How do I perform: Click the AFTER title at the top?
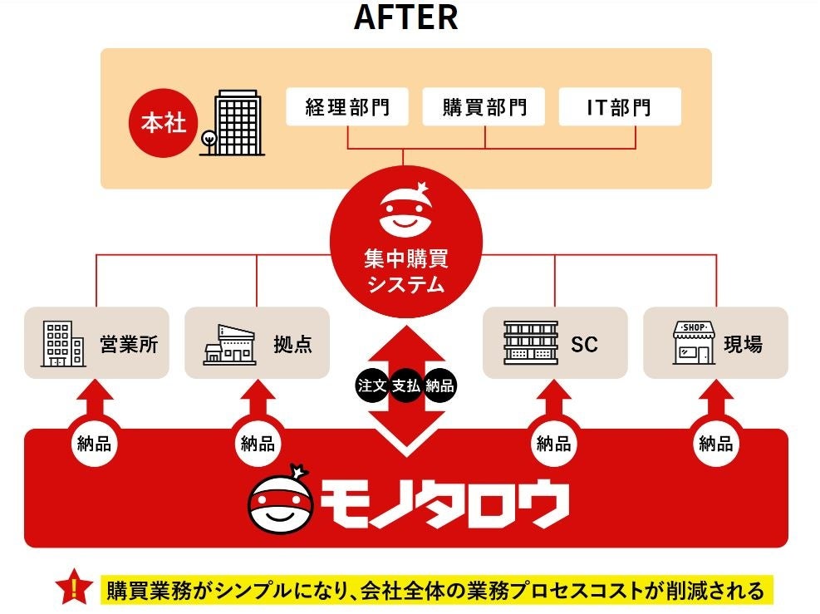click(x=405, y=17)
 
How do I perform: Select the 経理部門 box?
click(x=347, y=107)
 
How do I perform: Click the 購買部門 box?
click(x=484, y=107)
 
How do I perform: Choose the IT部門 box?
click(x=619, y=107)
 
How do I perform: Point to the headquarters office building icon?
click(x=233, y=125)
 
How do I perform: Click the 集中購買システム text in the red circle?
click(x=405, y=272)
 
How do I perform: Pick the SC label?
click(x=584, y=344)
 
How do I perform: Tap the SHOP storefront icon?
click(x=694, y=344)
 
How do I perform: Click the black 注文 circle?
click(x=372, y=386)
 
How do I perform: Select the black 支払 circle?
click(x=406, y=386)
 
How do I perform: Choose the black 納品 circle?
click(x=440, y=386)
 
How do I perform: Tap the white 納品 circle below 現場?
click(x=716, y=444)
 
